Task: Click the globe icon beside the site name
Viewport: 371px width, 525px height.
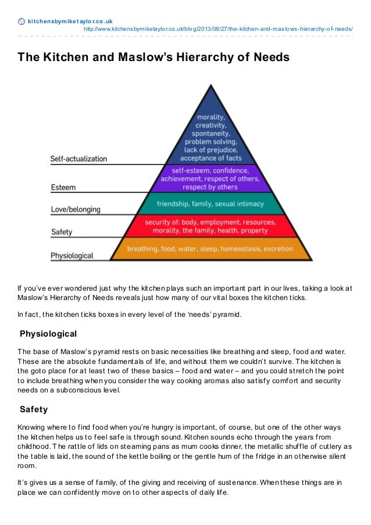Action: coord(22,22)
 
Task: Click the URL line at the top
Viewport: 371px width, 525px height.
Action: coord(218,28)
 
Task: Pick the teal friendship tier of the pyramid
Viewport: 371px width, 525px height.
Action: coord(210,204)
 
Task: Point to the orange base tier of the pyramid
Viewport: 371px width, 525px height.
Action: coord(210,249)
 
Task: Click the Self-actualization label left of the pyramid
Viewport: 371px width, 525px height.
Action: coord(79,158)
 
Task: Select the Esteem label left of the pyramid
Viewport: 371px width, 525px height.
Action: coord(63,188)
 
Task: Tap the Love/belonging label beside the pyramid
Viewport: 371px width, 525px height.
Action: coord(76,209)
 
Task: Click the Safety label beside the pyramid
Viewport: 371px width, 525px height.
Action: coord(62,232)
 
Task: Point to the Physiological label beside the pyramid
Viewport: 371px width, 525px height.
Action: coord(73,255)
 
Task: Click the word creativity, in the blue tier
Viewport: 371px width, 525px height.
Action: coord(210,124)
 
